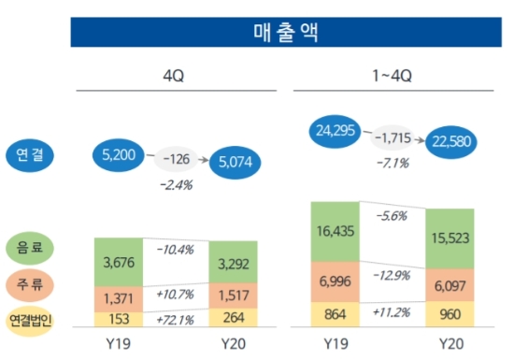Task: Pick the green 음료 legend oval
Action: coord(31,248)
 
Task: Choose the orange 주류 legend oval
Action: coord(31,282)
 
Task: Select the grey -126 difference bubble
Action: coord(178,157)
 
